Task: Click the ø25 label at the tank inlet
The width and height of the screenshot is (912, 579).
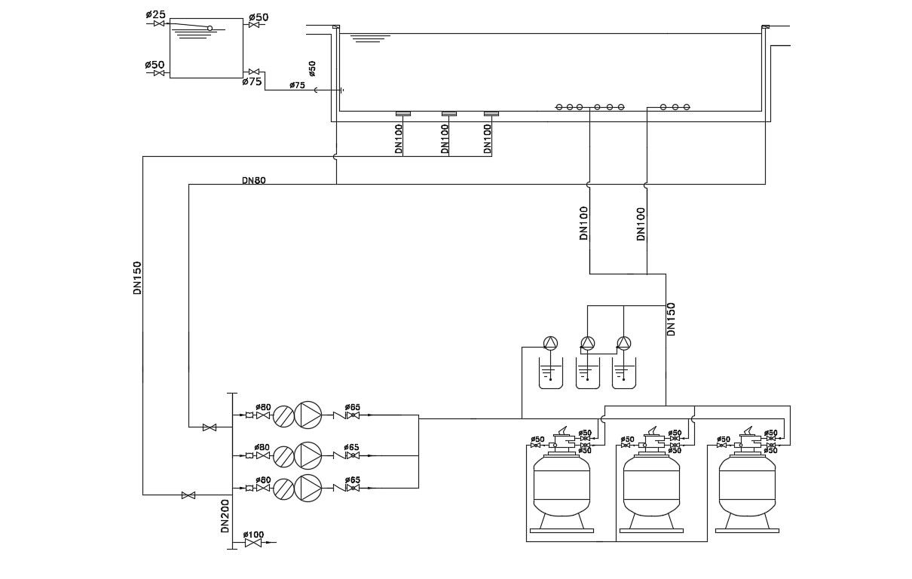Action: tap(155, 14)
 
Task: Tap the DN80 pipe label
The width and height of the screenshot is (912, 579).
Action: tap(253, 180)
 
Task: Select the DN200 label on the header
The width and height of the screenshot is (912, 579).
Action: tap(225, 516)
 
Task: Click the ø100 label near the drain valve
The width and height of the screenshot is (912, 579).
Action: tap(255, 534)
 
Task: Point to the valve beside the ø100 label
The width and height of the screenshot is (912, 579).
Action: tap(253, 543)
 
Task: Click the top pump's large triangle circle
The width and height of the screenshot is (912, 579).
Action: tap(308, 415)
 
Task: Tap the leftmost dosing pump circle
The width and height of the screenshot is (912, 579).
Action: tap(551, 344)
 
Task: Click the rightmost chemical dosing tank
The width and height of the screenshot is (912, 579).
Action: tap(624, 375)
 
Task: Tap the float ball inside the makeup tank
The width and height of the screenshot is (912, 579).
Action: tap(210, 29)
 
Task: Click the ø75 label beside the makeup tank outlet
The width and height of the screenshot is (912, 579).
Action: tap(252, 81)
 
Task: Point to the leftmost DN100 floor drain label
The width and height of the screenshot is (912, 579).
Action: tap(399, 139)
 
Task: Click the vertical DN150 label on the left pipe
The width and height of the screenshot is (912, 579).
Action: tap(137, 277)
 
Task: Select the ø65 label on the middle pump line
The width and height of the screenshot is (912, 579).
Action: tap(351, 447)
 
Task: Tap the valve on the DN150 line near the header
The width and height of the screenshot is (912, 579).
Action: tap(188, 495)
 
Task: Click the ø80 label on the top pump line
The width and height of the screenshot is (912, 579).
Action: tap(262, 407)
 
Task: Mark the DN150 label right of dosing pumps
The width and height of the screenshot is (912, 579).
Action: tap(671, 319)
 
